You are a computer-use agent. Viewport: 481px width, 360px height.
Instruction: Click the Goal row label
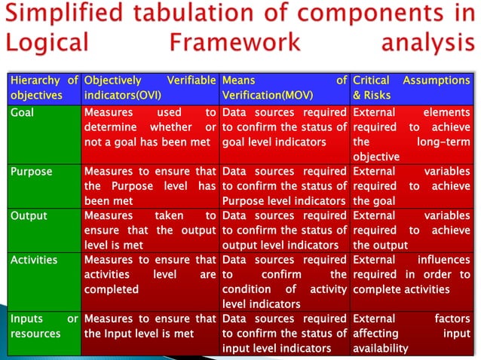coord(22,112)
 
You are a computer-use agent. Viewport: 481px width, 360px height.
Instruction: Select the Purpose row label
coord(31,172)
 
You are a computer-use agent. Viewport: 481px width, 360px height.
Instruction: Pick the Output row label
coord(28,216)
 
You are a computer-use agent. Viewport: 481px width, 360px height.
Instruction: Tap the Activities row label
coord(34,260)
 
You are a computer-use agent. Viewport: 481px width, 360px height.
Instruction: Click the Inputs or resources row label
coord(44,326)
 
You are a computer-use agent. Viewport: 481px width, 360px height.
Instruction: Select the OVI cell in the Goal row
coord(150,127)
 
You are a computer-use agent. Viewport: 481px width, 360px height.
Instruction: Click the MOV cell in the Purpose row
coord(284,186)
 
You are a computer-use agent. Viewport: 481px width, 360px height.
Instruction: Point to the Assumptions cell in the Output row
coord(411,230)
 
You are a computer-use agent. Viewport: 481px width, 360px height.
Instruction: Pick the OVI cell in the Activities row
coord(150,274)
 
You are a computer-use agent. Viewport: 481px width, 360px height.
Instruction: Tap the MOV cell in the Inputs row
coord(284,333)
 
